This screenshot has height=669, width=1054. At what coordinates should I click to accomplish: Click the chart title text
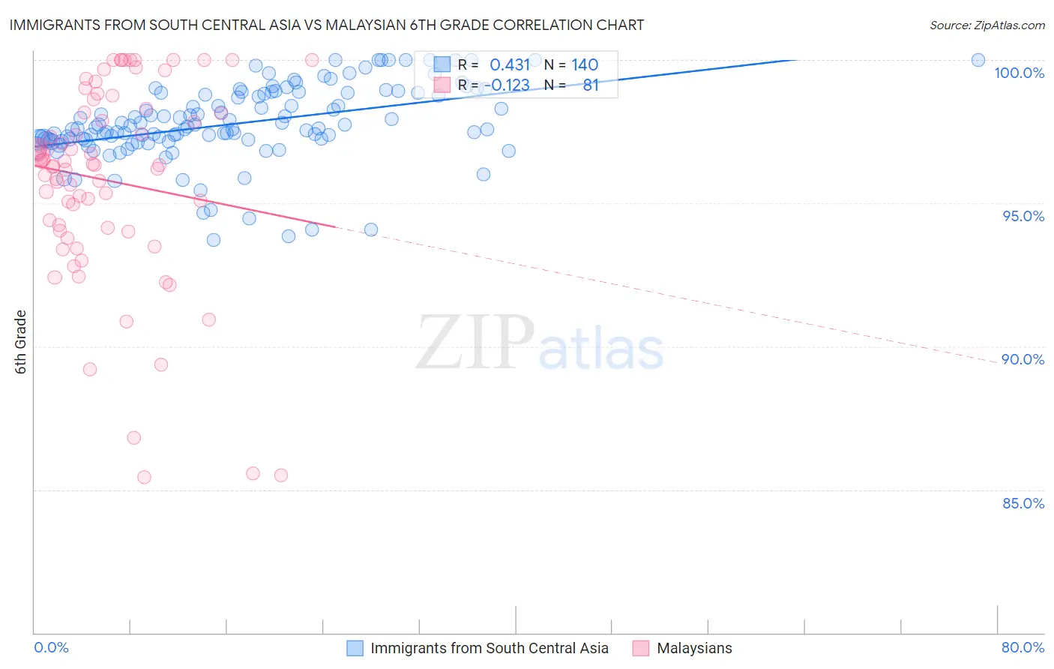pyautogui.click(x=327, y=25)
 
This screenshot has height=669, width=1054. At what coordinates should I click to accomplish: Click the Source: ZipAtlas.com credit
pyautogui.click(x=987, y=25)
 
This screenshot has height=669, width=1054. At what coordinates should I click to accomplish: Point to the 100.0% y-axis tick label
pyautogui.click(x=1019, y=73)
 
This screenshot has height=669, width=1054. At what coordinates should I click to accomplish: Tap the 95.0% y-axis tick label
pyautogui.click(x=1023, y=216)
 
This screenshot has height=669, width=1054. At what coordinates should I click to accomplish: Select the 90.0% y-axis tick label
pyautogui.click(x=1023, y=359)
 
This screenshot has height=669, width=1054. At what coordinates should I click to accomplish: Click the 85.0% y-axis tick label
pyautogui.click(x=1023, y=503)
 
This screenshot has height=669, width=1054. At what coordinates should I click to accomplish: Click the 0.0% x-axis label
pyautogui.click(x=51, y=647)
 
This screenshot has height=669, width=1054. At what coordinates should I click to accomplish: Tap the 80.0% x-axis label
pyautogui.click(x=1023, y=647)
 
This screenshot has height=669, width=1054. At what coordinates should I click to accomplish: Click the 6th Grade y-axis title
pyautogui.click(x=21, y=342)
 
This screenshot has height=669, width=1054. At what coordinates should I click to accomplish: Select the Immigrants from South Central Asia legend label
pyautogui.click(x=489, y=648)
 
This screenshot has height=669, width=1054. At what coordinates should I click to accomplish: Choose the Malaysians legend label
pyautogui.click(x=694, y=648)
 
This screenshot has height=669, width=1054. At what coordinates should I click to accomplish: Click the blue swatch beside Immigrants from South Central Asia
pyautogui.click(x=355, y=648)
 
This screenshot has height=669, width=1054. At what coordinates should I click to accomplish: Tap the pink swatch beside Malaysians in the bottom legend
pyautogui.click(x=641, y=648)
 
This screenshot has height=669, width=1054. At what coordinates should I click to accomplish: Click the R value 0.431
pyautogui.click(x=510, y=65)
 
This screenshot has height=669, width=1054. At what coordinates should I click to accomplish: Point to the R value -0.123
pyautogui.click(x=507, y=85)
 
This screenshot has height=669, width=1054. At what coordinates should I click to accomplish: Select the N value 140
pyautogui.click(x=585, y=65)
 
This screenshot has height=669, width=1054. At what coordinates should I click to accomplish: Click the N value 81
pyautogui.click(x=591, y=85)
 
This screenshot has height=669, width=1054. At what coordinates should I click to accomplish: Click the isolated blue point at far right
pyautogui.click(x=978, y=60)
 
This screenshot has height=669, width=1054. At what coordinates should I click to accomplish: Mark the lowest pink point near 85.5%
pyautogui.click(x=144, y=477)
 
